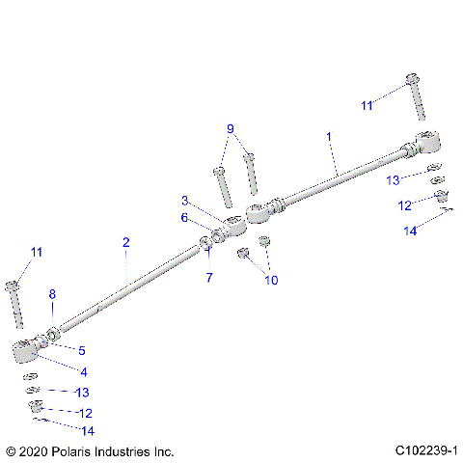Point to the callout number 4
coord(83,370)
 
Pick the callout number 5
coord(82,350)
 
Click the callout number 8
coord(52,293)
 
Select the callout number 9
coord(231,128)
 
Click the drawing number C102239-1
coord(425,450)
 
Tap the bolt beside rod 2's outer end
coord(14,303)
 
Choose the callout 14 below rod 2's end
coord(88,429)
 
